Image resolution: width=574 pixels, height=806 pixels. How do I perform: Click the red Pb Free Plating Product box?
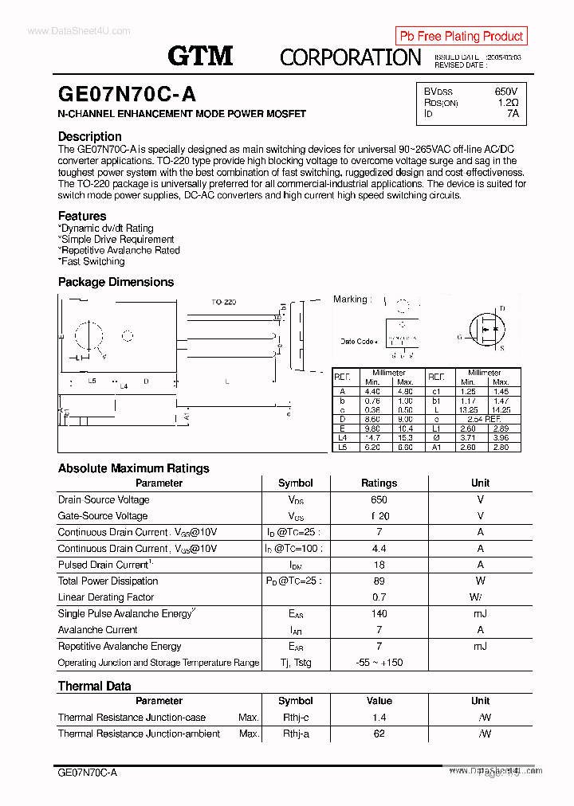point(461,36)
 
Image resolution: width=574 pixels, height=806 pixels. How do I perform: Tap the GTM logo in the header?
point(200,56)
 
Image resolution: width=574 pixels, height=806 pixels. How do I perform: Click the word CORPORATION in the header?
point(350,57)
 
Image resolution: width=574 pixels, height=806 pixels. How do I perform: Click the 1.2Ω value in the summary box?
point(507,103)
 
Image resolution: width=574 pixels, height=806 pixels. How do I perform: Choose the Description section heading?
point(90,136)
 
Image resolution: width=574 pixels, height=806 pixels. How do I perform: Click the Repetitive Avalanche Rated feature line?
point(120,250)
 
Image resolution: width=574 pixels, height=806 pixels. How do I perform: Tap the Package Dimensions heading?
point(116,282)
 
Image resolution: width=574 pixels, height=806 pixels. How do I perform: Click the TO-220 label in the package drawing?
point(223,303)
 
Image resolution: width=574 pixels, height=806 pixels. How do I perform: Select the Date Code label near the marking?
point(357,342)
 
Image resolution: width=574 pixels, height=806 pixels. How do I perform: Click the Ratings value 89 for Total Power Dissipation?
point(379,581)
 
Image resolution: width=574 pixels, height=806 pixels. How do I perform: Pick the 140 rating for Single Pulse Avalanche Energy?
point(379,613)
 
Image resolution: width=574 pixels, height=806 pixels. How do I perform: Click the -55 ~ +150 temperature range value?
point(379,663)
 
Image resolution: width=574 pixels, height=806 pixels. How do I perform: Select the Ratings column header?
point(379,483)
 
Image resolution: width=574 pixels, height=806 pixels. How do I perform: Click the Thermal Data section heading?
point(94,686)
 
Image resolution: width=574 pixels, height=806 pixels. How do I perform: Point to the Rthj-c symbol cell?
point(295,718)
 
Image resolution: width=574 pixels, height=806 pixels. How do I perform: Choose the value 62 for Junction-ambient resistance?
point(379,734)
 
